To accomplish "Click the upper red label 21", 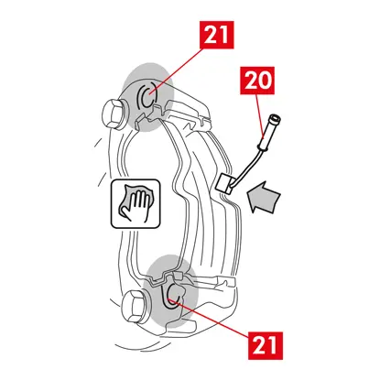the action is (x=217, y=35).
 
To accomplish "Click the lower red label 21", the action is (x=266, y=345).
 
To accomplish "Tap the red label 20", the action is (x=257, y=81).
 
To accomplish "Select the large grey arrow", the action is (x=265, y=198).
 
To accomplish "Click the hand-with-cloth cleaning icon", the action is (x=136, y=203).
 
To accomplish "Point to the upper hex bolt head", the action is (x=112, y=114).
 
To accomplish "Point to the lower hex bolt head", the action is (x=134, y=306).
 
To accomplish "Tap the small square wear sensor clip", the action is (x=225, y=184).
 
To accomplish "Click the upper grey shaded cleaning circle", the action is (x=147, y=97).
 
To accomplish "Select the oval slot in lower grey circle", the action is (x=174, y=295).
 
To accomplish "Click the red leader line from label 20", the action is (x=259, y=115).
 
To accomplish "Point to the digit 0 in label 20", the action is (x=265, y=81).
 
